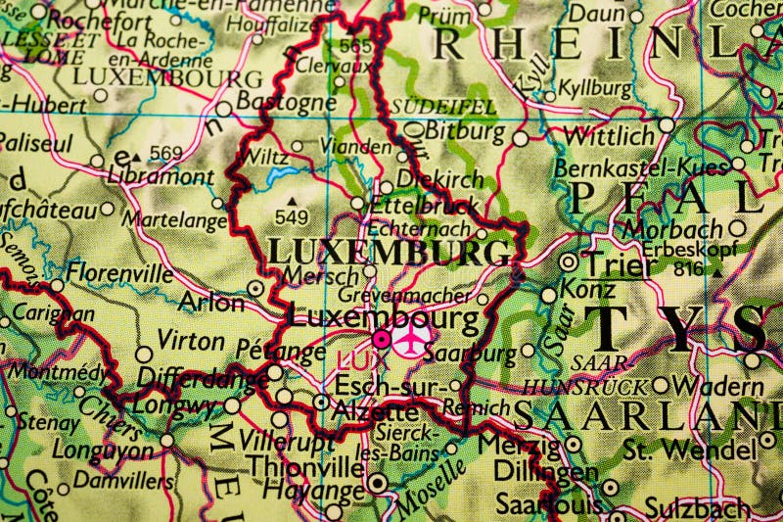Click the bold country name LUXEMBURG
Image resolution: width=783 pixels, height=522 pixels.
(x=389, y=252)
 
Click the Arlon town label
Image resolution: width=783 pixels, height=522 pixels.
(x=212, y=302)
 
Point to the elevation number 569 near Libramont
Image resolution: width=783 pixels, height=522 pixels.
(x=167, y=152)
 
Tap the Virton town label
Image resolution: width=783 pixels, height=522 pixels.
(x=191, y=341)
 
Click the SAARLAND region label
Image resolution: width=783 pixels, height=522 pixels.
(x=646, y=416)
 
